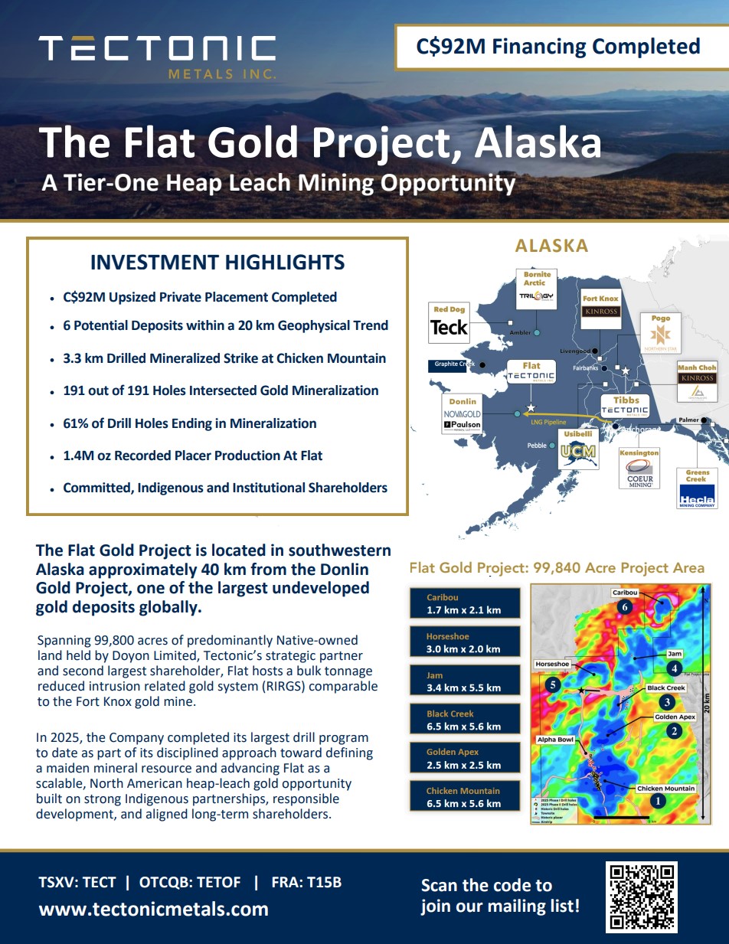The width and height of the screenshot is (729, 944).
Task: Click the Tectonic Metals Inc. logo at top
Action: pyautogui.click(x=157, y=55)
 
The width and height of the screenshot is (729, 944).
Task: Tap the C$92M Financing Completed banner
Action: pyautogui.click(x=557, y=47)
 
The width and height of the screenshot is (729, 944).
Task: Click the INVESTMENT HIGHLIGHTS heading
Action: pyautogui.click(x=217, y=263)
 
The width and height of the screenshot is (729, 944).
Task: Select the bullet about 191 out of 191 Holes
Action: pyautogui.click(x=221, y=390)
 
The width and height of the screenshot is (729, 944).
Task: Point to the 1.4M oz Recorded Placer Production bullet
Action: pyautogui.click(x=192, y=456)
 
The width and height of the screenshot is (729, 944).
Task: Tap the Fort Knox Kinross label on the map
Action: pyautogui.click(x=600, y=307)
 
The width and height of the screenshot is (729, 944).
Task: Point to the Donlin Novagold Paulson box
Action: pyautogui.click(x=463, y=414)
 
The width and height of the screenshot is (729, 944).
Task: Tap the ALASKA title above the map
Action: pyautogui.click(x=551, y=246)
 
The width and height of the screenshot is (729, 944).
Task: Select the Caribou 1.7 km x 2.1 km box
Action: pyautogui.click(x=463, y=603)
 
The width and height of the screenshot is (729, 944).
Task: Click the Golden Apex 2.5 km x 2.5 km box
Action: pyautogui.click(x=463, y=758)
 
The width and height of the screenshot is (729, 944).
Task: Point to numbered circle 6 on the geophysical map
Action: pyautogui.click(x=626, y=607)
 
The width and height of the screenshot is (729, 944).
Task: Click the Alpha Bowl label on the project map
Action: pyautogui.click(x=555, y=740)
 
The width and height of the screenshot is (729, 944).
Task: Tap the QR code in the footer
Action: pyautogui.click(x=642, y=897)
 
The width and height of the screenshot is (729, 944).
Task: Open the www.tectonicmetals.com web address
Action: pyautogui.click(x=153, y=909)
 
